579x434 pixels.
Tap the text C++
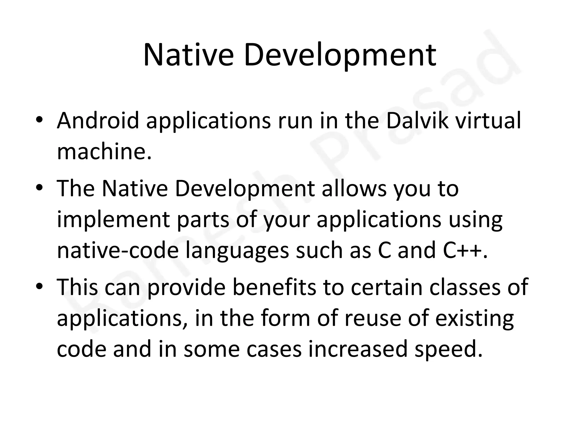pyautogui.click(x=465, y=251)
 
